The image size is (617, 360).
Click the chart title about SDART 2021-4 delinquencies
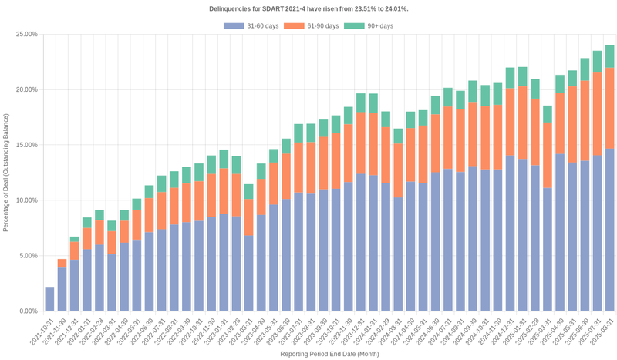[308, 8]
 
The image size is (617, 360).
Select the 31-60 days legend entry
[255, 26]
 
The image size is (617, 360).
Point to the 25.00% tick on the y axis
[26, 35]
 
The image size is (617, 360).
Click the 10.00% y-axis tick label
[26, 200]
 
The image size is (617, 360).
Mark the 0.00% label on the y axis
[28, 311]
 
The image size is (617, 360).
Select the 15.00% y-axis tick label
[26, 145]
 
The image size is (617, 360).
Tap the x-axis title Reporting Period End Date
[329, 354]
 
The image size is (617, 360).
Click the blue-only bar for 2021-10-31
[49, 299]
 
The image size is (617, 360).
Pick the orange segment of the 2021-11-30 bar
[62, 264]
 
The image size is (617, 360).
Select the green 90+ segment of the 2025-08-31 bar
[609, 56]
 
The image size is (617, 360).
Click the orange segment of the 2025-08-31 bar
[609, 108]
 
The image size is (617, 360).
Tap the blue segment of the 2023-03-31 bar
[249, 274]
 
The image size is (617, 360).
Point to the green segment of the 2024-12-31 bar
[510, 78]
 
